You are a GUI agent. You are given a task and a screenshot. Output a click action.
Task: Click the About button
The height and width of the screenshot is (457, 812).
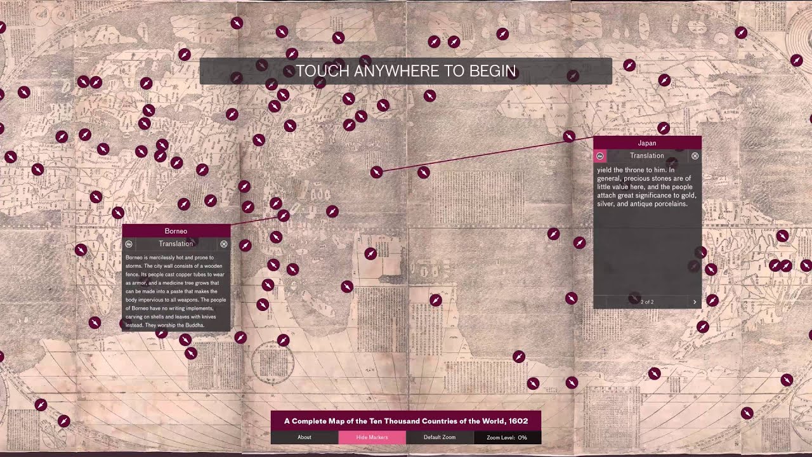(304, 437)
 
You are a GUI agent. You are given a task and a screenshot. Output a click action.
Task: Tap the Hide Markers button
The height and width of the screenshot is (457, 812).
(372, 437)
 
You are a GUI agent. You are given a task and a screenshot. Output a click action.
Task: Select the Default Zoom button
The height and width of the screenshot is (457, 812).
(440, 437)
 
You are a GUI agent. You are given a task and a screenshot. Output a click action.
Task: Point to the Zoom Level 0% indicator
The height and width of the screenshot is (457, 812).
(507, 437)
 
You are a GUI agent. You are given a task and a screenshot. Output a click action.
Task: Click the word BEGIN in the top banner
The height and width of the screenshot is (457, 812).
(492, 71)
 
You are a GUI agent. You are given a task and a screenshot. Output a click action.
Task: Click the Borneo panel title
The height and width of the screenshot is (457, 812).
(176, 231)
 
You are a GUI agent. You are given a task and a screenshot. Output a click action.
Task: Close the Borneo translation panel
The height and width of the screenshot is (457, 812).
(224, 244)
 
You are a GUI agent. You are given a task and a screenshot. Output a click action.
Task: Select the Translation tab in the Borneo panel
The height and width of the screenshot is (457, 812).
(176, 244)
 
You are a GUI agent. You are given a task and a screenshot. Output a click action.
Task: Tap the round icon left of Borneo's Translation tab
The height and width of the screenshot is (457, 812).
(129, 244)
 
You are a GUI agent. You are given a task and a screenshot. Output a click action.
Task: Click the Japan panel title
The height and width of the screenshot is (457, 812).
(647, 143)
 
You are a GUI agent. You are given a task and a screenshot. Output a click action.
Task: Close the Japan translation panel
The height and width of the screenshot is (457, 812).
(695, 156)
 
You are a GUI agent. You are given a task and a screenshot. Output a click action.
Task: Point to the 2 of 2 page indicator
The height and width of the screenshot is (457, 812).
(647, 302)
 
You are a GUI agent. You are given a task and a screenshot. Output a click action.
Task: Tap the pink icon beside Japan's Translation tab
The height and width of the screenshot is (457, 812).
(600, 156)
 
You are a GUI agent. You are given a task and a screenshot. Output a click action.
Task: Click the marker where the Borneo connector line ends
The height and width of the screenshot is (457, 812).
(284, 216)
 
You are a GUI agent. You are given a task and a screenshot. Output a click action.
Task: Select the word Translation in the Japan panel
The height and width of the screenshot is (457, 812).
(647, 156)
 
